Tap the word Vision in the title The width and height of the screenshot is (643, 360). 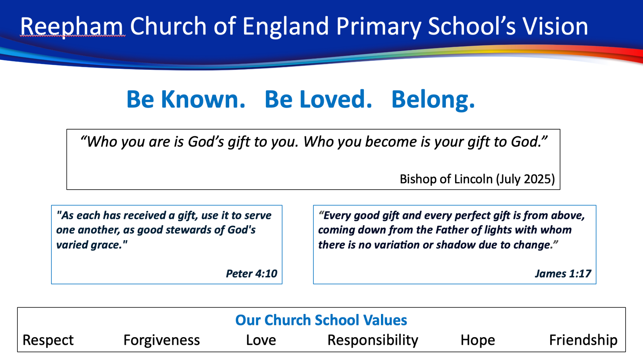coord(555,26)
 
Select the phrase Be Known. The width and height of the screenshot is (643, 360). coord(186,99)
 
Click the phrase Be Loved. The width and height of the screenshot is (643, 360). coord(318,99)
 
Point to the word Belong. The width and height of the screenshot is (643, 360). coord(433,100)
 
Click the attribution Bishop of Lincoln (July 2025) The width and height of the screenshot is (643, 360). coord(477,179)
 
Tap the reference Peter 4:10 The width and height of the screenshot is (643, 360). coord(251,274)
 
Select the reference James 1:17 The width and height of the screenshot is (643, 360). coord(563,274)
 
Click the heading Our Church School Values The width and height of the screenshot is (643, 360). coord(321,320)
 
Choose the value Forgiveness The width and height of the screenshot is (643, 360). coord(162,340)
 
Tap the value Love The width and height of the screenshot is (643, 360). coord(261,340)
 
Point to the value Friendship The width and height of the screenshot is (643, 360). coord(583,340)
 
